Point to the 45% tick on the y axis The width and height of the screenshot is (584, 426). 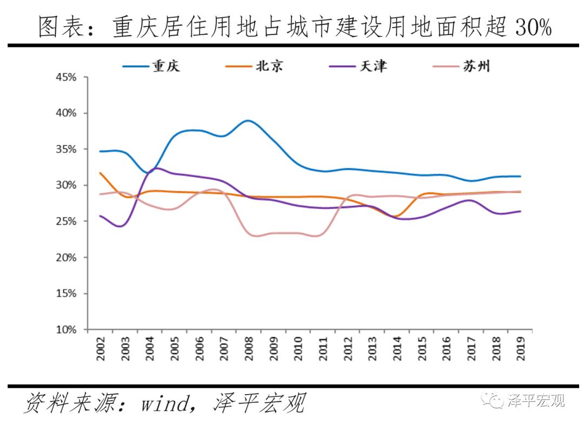(x=66, y=77)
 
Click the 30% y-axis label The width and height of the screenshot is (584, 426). (x=66, y=185)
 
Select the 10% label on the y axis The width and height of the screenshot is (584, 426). (x=66, y=329)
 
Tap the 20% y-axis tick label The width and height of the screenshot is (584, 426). (x=66, y=258)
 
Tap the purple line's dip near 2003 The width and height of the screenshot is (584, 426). (x=120, y=226)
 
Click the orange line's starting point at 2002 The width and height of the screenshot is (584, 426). (x=100, y=173)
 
